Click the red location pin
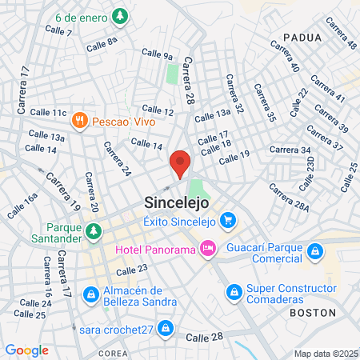coord(180,163)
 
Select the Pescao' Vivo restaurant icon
coord(78,121)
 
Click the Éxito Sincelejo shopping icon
coord(228,219)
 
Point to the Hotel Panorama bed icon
coord(207,250)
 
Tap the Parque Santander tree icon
coord(94,232)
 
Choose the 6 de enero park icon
coord(119,15)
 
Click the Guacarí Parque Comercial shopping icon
coord(316,253)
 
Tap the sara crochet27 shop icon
coord(165,327)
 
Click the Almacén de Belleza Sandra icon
coord(92,295)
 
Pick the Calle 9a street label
coord(157,54)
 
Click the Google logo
coord(26,350)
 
